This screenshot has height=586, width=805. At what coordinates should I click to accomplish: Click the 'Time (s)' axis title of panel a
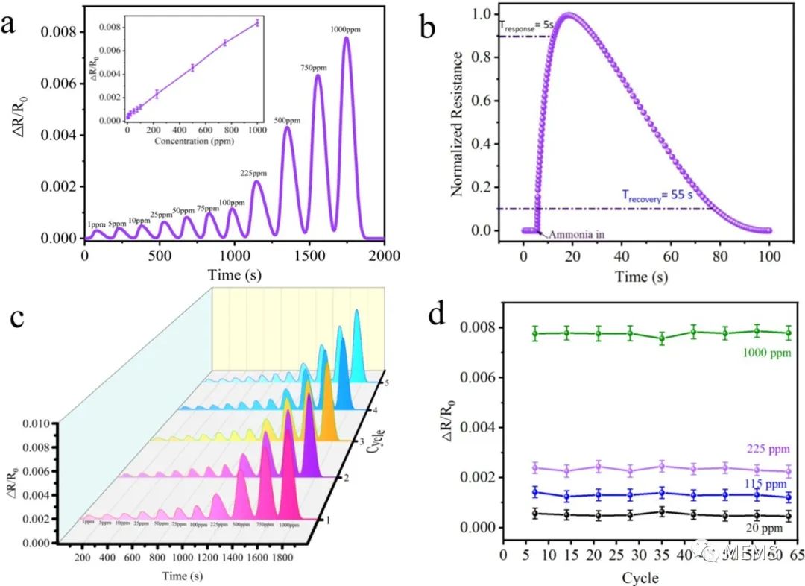click(234, 275)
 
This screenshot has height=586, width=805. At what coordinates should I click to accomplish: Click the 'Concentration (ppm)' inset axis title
click(193, 141)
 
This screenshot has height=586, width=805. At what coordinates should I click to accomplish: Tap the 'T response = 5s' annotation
click(528, 25)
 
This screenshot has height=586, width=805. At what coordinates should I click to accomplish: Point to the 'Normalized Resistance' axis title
click(457, 124)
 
